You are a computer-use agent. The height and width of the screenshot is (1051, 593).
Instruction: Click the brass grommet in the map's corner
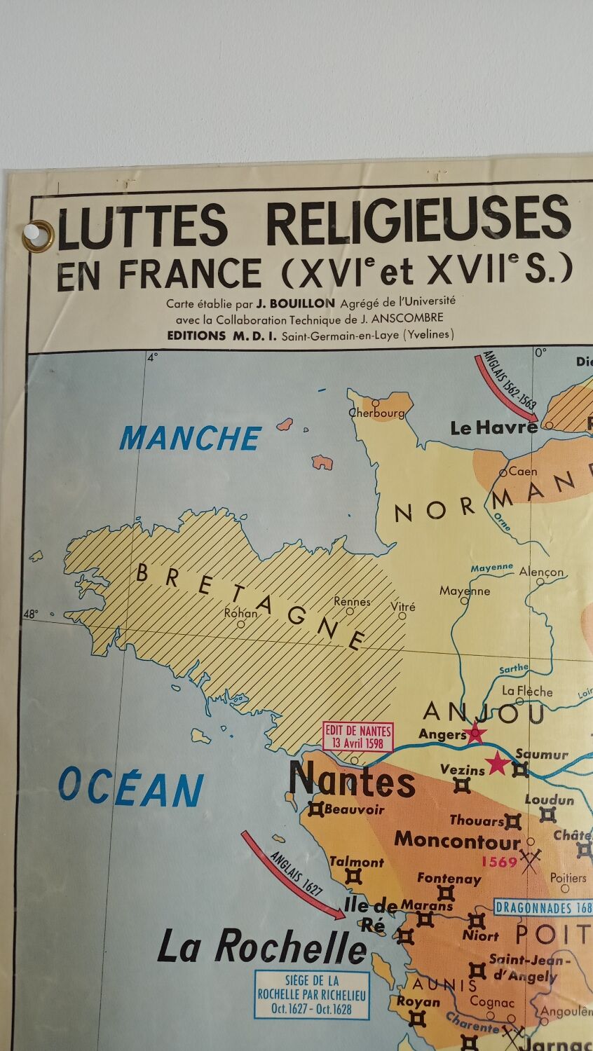pyautogui.click(x=38, y=236)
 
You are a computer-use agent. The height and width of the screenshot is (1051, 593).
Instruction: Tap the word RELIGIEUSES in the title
pyautogui.click(x=418, y=222)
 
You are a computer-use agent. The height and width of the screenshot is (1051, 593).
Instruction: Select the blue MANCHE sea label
pyautogui.click(x=190, y=439)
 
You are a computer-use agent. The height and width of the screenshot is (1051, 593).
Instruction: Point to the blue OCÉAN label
pyautogui.click(x=131, y=787)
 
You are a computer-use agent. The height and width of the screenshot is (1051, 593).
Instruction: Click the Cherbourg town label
pyautogui.click(x=377, y=413)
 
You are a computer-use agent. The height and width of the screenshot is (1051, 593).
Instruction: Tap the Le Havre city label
pyautogui.click(x=493, y=427)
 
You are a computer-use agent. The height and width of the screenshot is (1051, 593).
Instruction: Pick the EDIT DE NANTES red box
pyautogui.click(x=357, y=736)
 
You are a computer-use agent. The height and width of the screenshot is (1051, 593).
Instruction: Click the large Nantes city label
pyautogui.click(x=353, y=780)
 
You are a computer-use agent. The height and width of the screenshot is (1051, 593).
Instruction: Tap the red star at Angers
pyautogui.click(x=475, y=733)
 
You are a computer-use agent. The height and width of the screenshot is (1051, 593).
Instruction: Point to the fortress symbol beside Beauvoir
pyautogui.click(x=315, y=809)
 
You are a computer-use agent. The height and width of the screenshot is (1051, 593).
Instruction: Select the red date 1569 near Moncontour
pyautogui.click(x=499, y=861)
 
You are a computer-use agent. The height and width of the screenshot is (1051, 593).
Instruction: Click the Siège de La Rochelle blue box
pyautogui.click(x=312, y=995)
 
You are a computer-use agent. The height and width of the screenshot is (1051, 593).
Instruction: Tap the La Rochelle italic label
pyautogui.click(x=261, y=948)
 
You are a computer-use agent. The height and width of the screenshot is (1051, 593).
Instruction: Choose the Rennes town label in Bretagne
pyautogui.click(x=352, y=601)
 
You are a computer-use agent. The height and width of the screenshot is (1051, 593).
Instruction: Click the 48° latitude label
pyautogui.click(x=31, y=614)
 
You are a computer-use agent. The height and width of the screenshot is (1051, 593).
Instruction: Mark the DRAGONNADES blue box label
pyautogui.click(x=543, y=907)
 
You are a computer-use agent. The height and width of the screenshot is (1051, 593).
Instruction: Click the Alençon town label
pyautogui.click(x=541, y=572)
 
